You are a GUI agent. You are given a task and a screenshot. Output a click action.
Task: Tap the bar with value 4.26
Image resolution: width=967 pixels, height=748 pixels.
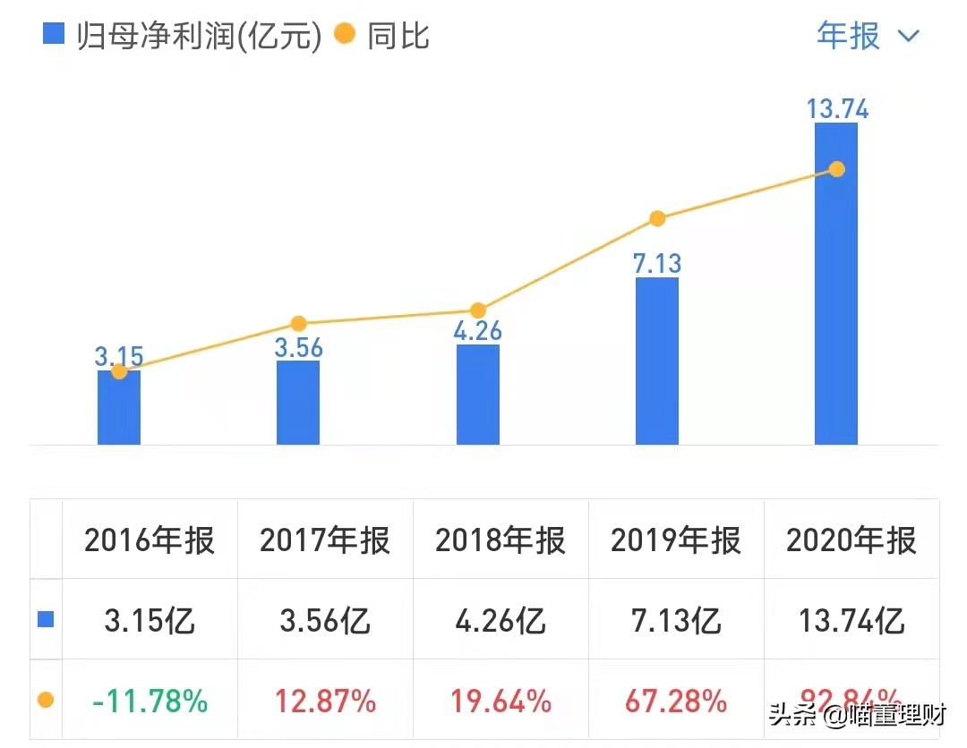click(x=477, y=395)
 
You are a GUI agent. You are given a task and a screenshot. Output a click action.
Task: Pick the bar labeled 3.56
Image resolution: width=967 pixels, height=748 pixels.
click(x=298, y=403)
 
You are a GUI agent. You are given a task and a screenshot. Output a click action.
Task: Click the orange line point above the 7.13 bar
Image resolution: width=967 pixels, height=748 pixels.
click(x=657, y=218)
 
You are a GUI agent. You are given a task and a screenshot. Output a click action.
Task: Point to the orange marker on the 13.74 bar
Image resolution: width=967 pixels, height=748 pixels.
click(x=836, y=169)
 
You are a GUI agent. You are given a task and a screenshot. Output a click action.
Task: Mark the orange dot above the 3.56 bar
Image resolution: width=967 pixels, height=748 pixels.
click(x=299, y=324)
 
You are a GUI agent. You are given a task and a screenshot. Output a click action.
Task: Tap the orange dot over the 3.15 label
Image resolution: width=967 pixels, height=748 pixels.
click(x=119, y=371)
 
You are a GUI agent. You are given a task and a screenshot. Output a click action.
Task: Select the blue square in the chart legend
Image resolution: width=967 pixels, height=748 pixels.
click(x=55, y=35)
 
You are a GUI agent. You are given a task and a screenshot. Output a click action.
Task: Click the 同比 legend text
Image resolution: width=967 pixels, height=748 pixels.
click(x=398, y=36)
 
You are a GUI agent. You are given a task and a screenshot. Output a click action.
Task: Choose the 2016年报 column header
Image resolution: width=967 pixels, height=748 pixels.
click(x=150, y=540)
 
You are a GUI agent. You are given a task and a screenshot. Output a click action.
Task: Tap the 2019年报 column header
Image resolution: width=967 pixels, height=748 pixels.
click(x=676, y=540)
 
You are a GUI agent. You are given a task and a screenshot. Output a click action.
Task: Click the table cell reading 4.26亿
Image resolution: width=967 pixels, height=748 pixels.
click(x=501, y=620)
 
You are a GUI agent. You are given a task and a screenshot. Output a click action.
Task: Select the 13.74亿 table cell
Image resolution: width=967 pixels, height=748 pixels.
click(x=851, y=620)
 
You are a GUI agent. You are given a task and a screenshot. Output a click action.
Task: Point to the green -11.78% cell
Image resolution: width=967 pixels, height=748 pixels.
click(x=150, y=701)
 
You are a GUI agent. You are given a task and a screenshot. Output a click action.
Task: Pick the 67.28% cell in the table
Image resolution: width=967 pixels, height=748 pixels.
click(x=676, y=701)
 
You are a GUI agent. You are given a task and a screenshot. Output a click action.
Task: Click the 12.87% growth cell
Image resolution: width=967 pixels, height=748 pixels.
click(x=325, y=701)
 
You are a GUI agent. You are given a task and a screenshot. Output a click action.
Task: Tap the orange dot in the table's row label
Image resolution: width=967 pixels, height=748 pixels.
click(x=46, y=701)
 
